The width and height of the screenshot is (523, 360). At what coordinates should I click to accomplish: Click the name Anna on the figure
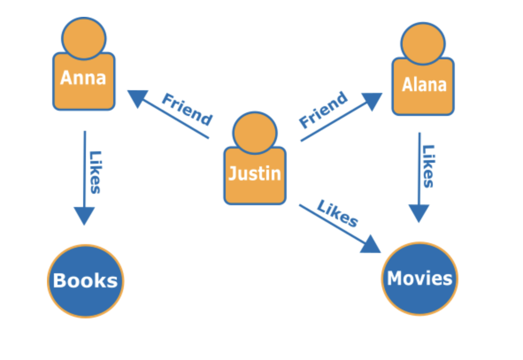point(83,78)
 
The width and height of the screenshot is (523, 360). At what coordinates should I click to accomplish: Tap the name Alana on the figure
point(424,84)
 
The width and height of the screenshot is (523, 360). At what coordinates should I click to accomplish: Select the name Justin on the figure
point(254,173)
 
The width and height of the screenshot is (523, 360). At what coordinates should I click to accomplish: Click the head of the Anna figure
point(84,38)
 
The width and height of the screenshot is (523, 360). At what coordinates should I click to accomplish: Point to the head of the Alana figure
point(423,43)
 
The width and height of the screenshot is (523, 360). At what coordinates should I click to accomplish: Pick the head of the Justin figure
point(255,132)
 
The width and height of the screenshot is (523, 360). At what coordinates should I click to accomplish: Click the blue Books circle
point(85,281)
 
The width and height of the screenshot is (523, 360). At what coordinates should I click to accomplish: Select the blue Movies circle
point(419,279)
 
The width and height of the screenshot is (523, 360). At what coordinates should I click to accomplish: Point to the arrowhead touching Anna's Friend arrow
point(137,97)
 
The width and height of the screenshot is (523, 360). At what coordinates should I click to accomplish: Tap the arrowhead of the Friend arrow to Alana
point(372,100)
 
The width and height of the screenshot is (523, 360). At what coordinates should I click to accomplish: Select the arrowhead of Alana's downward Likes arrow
point(419,213)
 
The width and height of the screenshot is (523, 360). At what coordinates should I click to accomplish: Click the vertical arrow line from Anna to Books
point(85,168)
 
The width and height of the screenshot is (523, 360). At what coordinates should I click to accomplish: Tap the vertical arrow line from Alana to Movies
point(419,168)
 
